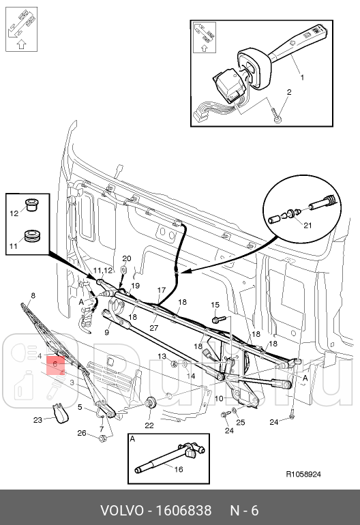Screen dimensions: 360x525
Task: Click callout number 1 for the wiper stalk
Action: point(302,77)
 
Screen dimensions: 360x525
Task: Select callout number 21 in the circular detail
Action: point(307,225)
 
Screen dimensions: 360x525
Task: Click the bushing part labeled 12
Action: point(32,205)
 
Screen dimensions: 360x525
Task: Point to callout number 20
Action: point(127,258)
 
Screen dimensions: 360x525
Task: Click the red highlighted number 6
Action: point(55,363)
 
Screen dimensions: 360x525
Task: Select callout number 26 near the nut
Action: point(82,433)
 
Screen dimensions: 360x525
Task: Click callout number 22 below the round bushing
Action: point(149,425)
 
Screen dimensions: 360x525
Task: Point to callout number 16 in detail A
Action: point(179,469)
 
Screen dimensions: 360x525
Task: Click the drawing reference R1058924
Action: point(303,474)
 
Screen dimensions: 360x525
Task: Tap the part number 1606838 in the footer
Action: point(184,511)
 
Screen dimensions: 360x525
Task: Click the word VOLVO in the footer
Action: point(123,511)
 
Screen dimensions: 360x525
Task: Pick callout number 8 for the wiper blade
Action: point(33,295)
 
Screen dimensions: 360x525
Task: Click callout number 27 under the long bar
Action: point(153,327)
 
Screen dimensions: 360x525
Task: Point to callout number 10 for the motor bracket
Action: point(219,398)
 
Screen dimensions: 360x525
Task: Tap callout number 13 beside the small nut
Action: point(162,356)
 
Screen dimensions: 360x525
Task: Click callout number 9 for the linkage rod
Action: point(107,333)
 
